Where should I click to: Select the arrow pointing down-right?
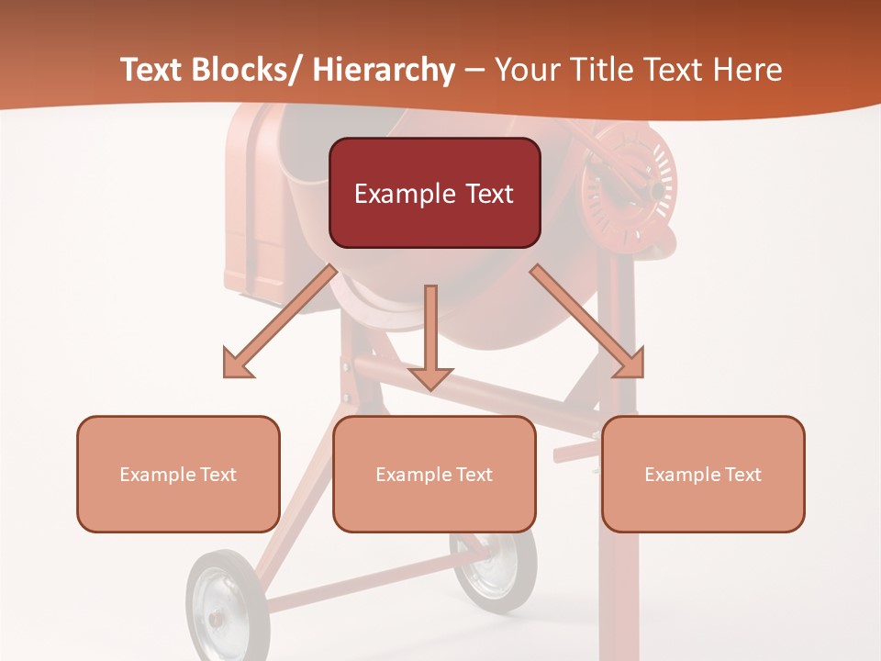(587, 321)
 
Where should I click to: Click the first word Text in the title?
(151, 70)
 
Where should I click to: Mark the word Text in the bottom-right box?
(741, 475)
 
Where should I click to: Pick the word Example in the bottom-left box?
(155, 475)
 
